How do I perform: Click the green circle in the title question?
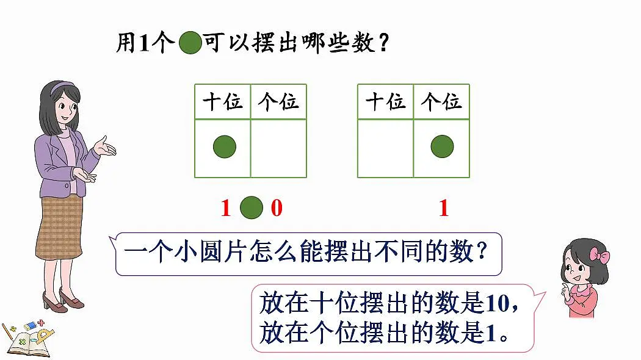pyautogui.click(x=190, y=43)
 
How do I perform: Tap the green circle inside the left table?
pyautogui.click(x=225, y=146)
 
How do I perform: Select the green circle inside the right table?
pyautogui.click(x=442, y=146)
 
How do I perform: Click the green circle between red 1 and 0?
pyautogui.click(x=252, y=207)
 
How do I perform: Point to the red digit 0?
pyautogui.click(x=277, y=207)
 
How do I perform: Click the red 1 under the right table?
pyautogui.click(x=444, y=207)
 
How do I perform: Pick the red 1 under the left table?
pyautogui.click(x=226, y=207)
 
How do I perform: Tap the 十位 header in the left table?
pyautogui.click(x=223, y=102)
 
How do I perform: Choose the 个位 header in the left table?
pyautogui.click(x=278, y=102)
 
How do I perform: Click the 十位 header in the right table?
pyautogui.click(x=385, y=102)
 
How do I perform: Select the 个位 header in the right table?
pyautogui.click(x=441, y=102)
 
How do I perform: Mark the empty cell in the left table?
pyautogui.click(x=278, y=148)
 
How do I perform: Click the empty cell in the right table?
pyautogui.click(x=385, y=148)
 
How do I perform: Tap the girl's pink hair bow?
pyautogui.click(x=599, y=256)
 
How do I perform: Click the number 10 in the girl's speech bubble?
pyautogui.click(x=497, y=304)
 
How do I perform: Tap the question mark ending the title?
pyautogui.click(x=383, y=43)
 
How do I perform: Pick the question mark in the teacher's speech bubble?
pyautogui.click(x=482, y=251)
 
